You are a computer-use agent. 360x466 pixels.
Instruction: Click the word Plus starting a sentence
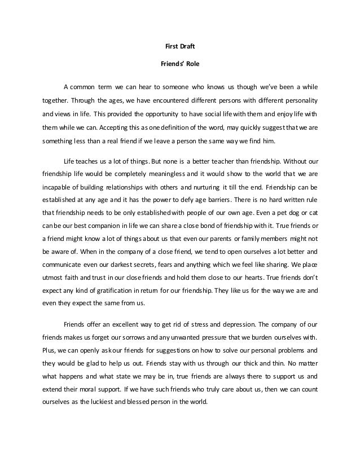[x=50, y=353]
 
